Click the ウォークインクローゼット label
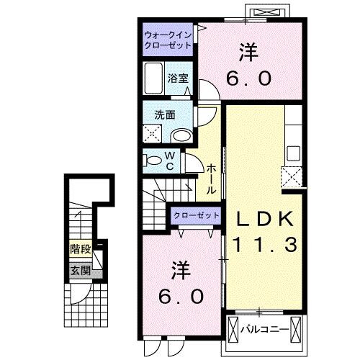(x=167, y=39)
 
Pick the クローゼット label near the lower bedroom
(x=195, y=215)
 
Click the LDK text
(x=264, y=219)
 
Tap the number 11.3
(x=264, y=246)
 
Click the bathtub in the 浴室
(x=155, y=76)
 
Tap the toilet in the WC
(x=153, y=160)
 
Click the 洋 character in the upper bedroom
(x=249, y=52)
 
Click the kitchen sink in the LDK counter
(x=293, y=153)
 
